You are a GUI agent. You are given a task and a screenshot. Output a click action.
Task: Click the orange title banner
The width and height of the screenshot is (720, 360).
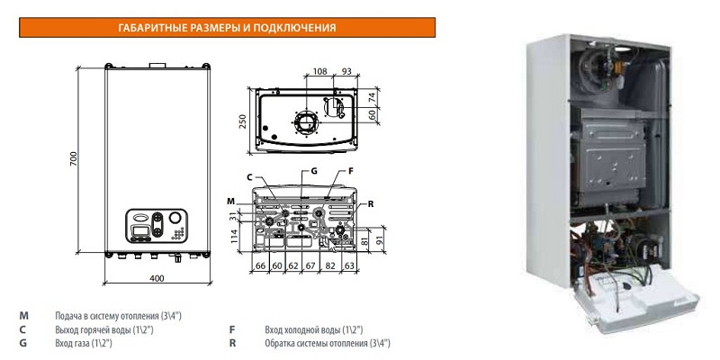pos(227,28)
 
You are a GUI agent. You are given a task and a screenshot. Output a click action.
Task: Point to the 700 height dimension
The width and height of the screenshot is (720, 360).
pos(74,158)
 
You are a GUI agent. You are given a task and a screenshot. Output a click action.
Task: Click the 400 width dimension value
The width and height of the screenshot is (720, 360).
pos(157,278)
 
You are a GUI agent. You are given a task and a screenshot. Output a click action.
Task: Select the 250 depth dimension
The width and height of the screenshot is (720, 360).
pos(243,121)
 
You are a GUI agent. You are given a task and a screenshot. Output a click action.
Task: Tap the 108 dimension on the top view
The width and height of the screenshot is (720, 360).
pos(319,71)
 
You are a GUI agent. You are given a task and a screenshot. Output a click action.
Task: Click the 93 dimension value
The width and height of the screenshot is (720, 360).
pos(346,71)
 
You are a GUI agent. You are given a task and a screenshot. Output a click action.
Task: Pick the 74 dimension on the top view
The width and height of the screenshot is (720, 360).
pos(373,97)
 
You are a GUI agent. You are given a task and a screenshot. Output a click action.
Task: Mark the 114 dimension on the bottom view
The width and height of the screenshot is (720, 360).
pos(234,236)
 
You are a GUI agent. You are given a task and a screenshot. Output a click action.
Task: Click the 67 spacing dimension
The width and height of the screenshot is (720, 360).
pos(310,265)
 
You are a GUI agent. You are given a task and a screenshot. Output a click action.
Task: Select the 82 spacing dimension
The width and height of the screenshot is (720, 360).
pos(330,265)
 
